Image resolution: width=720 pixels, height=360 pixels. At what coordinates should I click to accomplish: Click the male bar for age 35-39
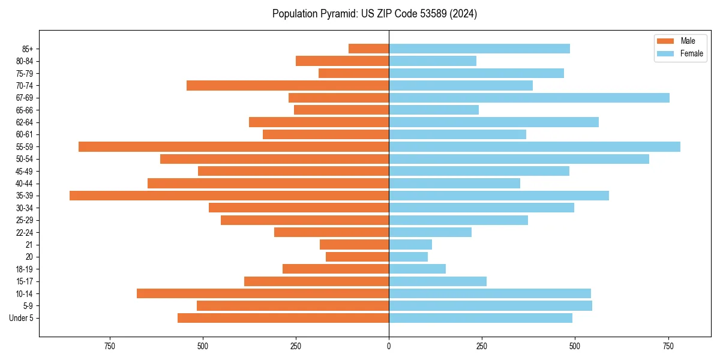pyautogui.click(x=229, y=196)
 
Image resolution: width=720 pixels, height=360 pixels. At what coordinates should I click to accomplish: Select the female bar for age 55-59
pyautogui.click(x=535, y=146)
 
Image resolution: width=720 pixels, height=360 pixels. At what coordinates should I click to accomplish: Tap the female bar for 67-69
pyautogui.click(x=529, y=98)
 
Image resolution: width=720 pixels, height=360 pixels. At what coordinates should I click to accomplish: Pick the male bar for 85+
pyautogui.click(x=368, y=49)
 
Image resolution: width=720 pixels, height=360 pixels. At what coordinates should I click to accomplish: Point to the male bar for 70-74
pyautogui.click(x=287, y=85)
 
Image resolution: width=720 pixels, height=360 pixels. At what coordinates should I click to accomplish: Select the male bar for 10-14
pyautogui.click(x=263, y=293)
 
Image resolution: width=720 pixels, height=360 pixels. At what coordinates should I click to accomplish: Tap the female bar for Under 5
pyautogui.click(x=481, y=318)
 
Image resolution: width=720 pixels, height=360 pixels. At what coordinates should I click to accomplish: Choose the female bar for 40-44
pyautogui.click(x=454, y=183)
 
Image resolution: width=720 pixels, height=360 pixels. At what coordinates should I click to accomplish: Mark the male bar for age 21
pyautogui.click(x=354, y=244)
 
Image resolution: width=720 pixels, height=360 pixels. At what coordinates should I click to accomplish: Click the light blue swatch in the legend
pyautogui.click(x=665, y=53)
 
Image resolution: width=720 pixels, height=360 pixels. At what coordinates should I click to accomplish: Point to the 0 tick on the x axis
pyautogui.click(x=389, y=346)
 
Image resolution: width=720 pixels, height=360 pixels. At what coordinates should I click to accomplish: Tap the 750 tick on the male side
pyautogui.click(x=109, y=346)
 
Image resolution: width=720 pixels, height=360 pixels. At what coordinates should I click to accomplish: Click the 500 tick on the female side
pyautogui.click(x=575, y=346)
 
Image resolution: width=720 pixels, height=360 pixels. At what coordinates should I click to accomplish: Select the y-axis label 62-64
pyautogui.click(x=25, y=122)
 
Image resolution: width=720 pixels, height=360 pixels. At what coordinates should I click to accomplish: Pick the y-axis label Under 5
pyautogui.click(x=22, y=318)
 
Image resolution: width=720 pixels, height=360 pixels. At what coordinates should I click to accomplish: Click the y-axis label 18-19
pyautogui.click(x=25, y=269)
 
